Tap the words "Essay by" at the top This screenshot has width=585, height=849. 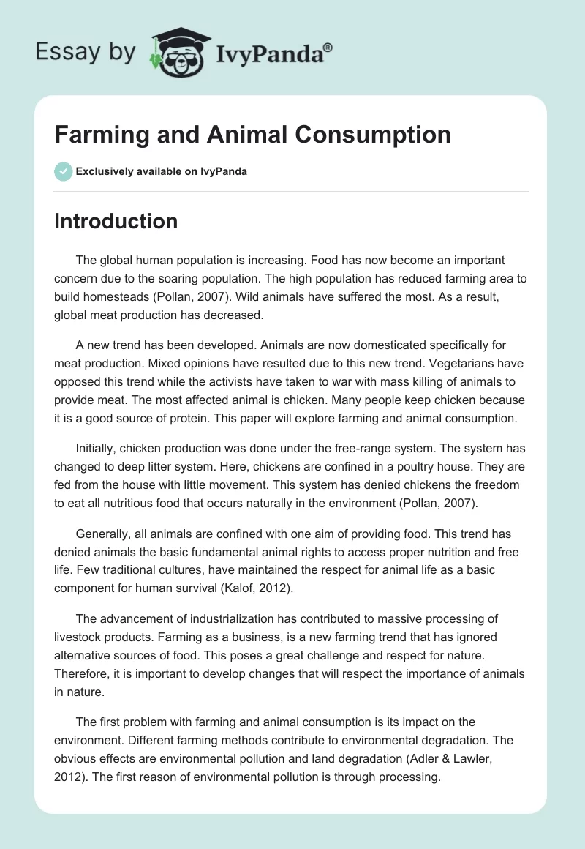[x=85, y=53]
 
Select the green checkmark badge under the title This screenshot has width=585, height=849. [x=63, y=171]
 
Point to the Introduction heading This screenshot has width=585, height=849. [x=116, y=221]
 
